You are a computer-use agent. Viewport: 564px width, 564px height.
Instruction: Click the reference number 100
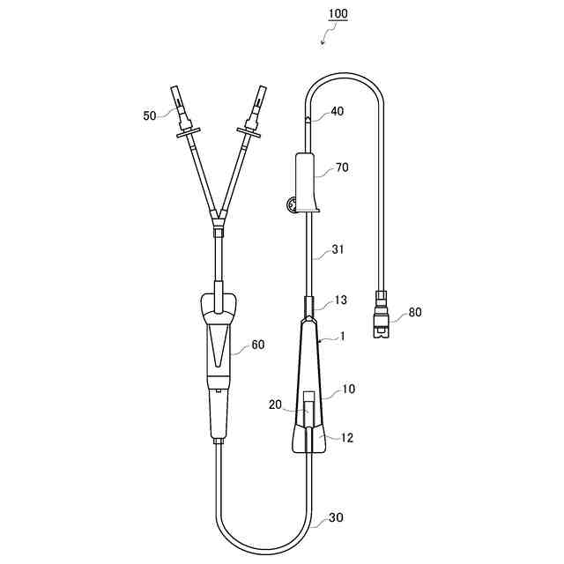(338, 14)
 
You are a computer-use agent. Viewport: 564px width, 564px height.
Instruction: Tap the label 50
(150, 115)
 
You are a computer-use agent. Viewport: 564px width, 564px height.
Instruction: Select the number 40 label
(337, 111)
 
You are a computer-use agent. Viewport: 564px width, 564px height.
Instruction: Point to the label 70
(342, 167)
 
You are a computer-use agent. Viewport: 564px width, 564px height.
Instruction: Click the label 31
(338, 249)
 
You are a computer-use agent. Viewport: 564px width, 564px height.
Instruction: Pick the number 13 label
(340, 300)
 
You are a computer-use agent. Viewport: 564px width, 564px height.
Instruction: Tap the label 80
(415, 312)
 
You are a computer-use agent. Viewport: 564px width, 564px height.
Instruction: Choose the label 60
(257, 345)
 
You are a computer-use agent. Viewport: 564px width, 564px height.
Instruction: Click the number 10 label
(348, 389)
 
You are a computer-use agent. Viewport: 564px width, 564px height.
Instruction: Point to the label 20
(275, 404)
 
